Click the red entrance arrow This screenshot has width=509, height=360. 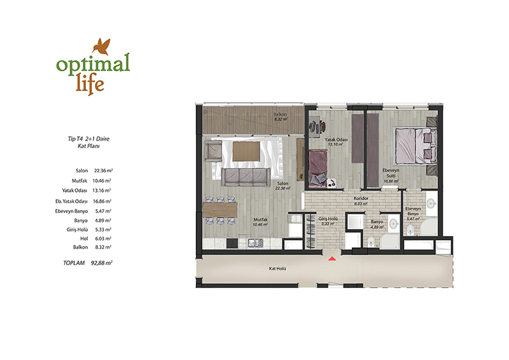point(331,259)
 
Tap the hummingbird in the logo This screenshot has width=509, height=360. point(102,46)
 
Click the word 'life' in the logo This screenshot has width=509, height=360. point(90,83)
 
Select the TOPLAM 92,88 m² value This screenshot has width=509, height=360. point(102,263)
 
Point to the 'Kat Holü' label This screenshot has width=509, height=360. point(277,269)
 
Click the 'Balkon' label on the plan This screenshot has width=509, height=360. point(280,114)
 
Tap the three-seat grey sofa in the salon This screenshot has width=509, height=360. point(246,177)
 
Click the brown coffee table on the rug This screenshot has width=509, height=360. point(246,151)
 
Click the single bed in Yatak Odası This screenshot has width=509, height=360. point(317,168)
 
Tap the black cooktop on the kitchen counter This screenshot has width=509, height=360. point(232,244)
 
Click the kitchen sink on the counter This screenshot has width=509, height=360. point(256,243)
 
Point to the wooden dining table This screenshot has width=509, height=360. point(220,210)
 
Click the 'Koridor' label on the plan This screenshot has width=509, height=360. point(361,198)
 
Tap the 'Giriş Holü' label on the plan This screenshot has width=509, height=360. point(328,219)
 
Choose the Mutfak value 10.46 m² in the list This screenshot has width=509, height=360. point(102,181)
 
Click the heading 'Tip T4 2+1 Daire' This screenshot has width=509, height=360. point(88,139)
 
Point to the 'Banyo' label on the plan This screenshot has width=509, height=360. point(377,222)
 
